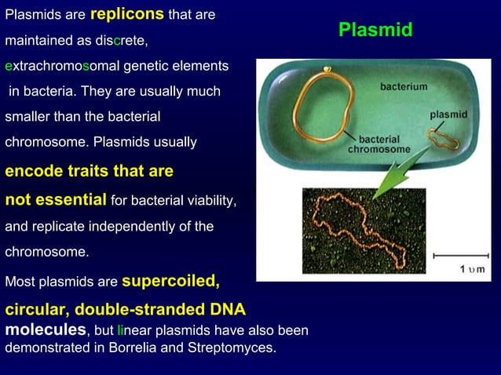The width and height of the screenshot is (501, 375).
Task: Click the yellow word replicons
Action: click(x=126, y=14)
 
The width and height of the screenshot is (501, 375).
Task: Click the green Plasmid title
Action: click(x=375, y=30)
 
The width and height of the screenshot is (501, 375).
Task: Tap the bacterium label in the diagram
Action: click(x=404, y=86)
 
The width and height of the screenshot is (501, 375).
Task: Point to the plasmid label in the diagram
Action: click(x=448, y=115)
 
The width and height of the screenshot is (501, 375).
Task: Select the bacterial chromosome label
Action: click(x=379, y=144)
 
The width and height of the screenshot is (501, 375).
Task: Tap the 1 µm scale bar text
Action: click(x=472, y=269)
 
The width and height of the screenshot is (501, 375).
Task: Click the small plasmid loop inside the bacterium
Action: click(x=441, y=138)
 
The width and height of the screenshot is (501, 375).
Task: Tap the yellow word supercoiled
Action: click(x=170, y=280)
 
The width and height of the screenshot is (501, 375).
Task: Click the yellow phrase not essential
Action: click(x=56, y=199)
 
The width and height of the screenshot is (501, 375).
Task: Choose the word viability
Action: click(x=205, y=201)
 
